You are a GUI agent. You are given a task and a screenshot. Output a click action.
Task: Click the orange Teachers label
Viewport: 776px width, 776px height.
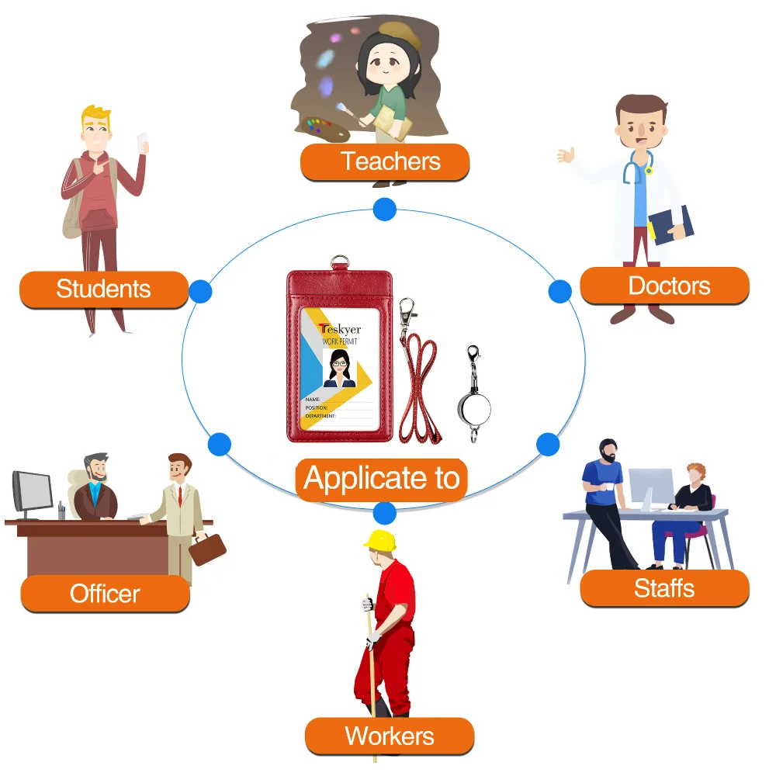[386, 162]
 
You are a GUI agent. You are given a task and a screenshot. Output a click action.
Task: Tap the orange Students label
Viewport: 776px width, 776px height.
[104, 289]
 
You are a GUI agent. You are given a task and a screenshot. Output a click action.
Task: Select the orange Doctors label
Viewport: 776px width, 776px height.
[665, 286]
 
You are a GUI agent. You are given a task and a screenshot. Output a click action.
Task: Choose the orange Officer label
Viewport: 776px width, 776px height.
[105, 594]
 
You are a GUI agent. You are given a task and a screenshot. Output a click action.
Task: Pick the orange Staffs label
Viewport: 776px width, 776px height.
[664, 588]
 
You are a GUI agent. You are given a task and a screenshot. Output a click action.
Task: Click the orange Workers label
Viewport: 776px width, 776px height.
[390, 736]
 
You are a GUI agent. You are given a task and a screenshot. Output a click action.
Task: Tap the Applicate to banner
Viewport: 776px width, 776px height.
[382, 479]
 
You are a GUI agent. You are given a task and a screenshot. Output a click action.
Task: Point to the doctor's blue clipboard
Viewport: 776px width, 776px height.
[670, 223]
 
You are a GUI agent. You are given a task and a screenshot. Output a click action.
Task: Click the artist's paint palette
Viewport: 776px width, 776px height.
[319, 129]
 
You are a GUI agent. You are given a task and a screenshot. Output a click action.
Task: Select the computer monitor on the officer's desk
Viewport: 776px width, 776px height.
[32, 491]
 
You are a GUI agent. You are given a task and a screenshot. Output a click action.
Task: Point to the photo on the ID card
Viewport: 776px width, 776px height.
[339, 368]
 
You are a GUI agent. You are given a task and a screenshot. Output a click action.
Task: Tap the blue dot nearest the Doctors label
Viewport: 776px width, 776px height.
[559, 292]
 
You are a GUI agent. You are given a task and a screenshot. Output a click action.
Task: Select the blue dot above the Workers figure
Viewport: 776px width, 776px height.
[384, 513]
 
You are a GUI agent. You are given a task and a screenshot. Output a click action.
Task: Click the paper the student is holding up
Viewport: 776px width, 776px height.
[142, 142]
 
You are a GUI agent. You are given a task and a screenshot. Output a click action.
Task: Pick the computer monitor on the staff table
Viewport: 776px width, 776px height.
[650, 486]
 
